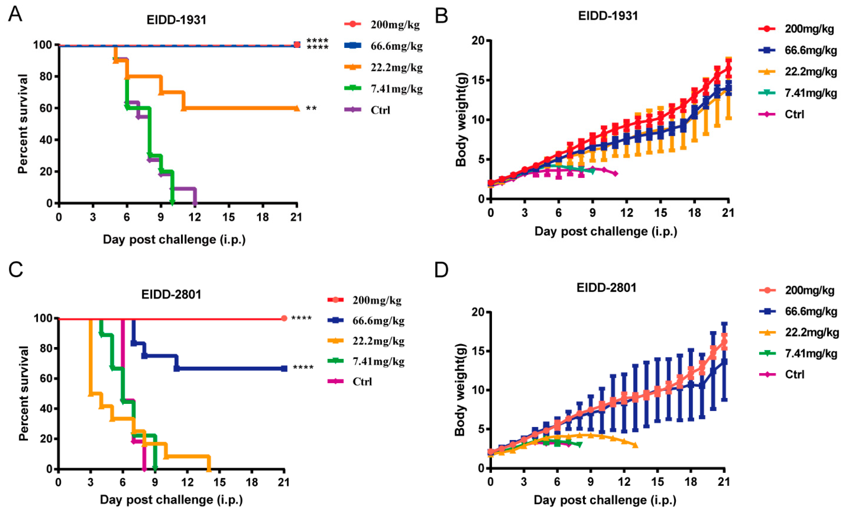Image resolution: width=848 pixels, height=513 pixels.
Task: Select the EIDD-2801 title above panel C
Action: [171, 294]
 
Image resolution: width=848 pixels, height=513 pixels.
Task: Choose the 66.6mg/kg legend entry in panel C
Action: [366, 321]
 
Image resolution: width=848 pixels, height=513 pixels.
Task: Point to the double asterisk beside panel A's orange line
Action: [311, 109]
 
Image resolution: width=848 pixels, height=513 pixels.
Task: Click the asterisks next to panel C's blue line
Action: [303, 367]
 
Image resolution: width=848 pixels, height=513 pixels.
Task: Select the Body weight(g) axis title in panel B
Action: [461, 120]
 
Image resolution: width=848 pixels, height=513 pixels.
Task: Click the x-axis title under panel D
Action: [605, 500]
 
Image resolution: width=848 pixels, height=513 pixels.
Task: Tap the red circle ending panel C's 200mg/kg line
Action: [284, 318]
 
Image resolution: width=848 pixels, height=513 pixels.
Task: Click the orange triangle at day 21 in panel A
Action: [296, 108]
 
